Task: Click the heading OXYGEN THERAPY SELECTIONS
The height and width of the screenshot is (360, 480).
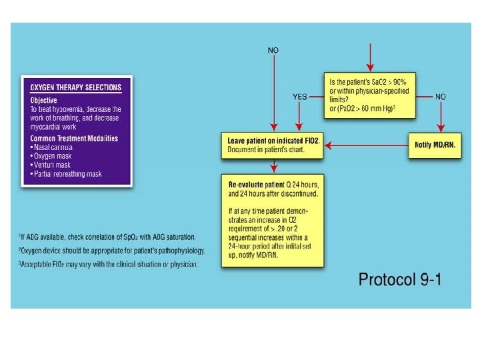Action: pyautogui.click(x=76, y=87)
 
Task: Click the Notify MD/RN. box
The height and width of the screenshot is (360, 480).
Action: pyautogui.click(x=434, y=145)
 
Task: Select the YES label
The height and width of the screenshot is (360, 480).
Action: pyautogui.click(x=300, y=97)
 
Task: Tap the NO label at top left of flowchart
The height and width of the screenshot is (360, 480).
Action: pyautogui.click(x=273, y=50)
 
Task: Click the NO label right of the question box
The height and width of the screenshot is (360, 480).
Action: pyautogui.click(x=441, y=97)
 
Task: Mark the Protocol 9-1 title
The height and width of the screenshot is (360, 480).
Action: pyautogui.click(x=400, y=279)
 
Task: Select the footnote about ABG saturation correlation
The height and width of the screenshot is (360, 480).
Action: pyautogui.click(x=107, y=237)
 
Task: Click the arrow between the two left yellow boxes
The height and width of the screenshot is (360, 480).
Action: pyautogui.click(x=273, y=166)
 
